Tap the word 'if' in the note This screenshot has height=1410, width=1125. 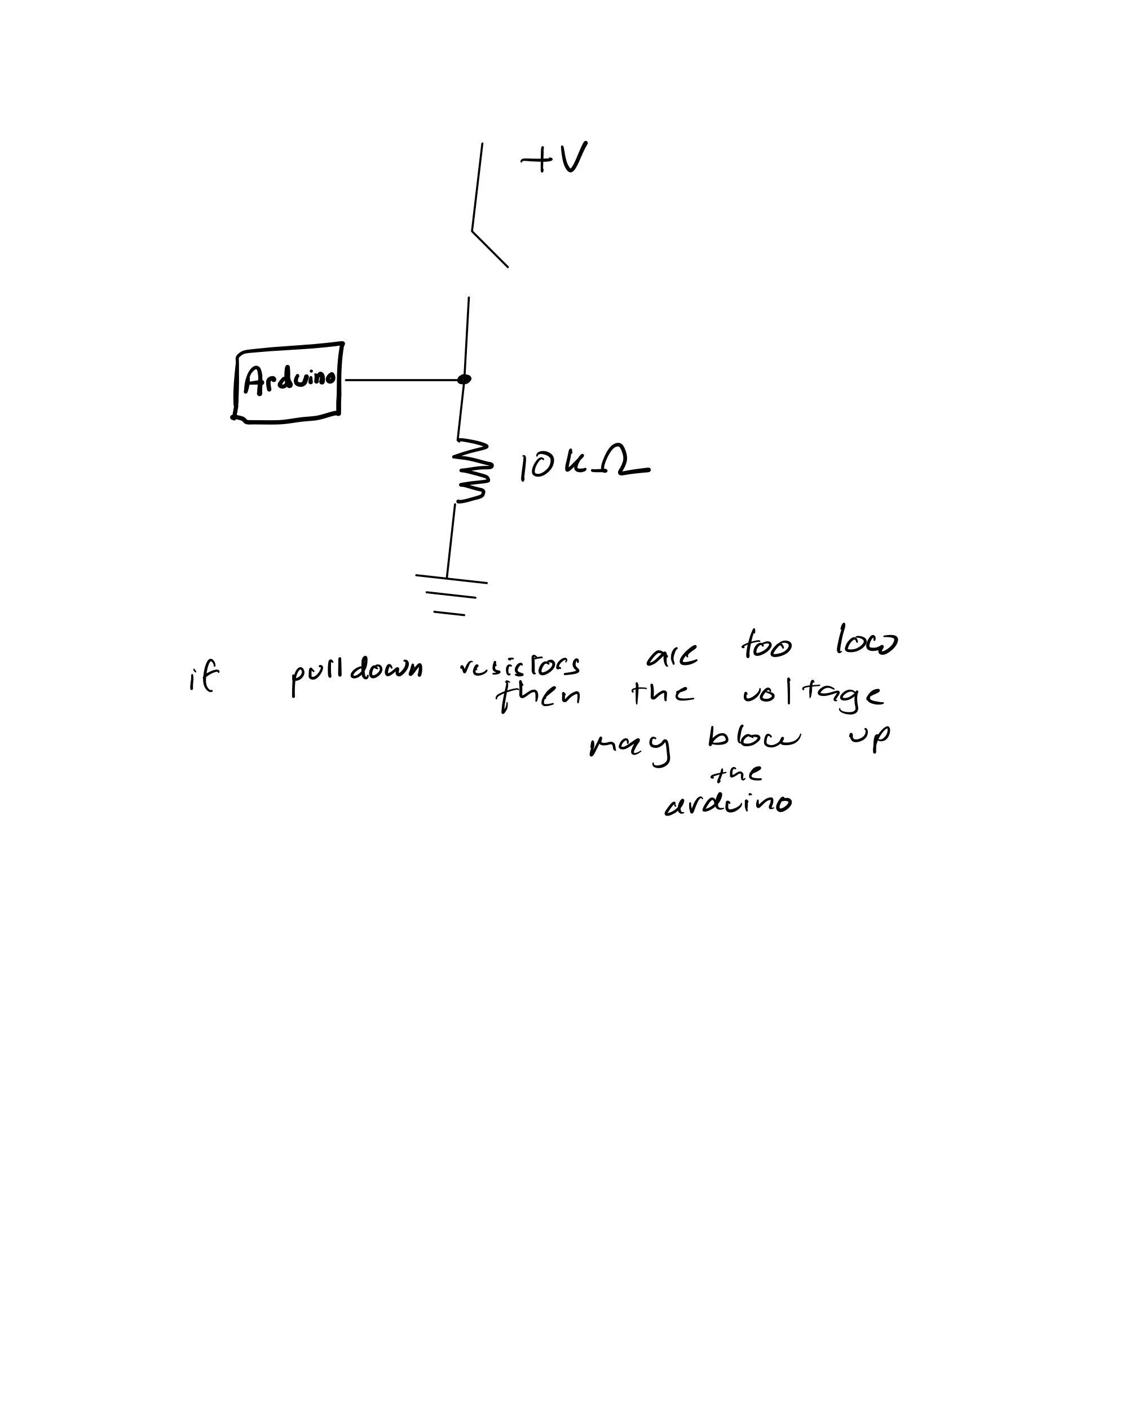(x=203, y=679)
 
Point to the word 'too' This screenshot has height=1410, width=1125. (x=766, y=646)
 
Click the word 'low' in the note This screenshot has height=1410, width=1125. (x=867, y=642)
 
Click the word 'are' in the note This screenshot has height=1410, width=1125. (x=672, y=656)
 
